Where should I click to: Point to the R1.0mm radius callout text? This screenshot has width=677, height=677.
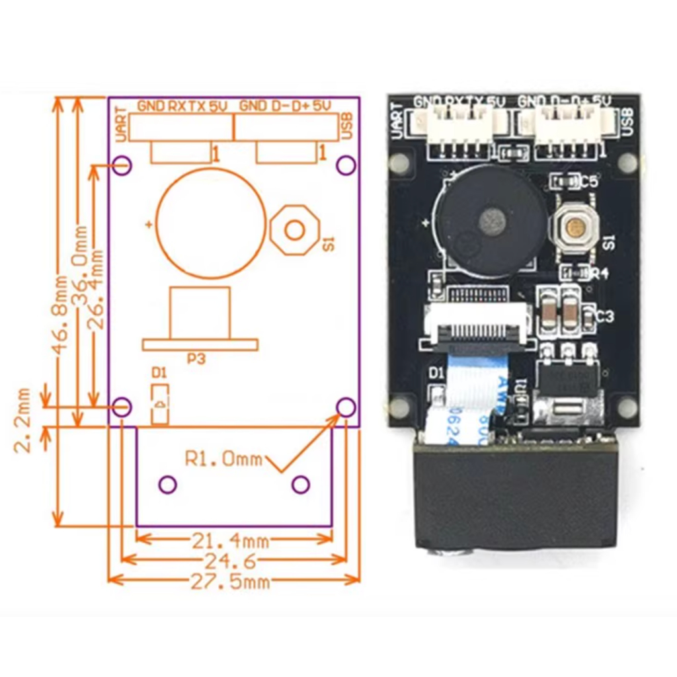click(223, 459)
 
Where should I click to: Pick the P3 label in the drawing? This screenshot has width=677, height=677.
click(196, 359)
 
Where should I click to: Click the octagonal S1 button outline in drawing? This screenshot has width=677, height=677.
click(294, 229)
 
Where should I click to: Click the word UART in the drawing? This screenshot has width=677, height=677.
click(120, 124)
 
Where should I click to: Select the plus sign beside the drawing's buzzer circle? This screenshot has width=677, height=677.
click(149, 225)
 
